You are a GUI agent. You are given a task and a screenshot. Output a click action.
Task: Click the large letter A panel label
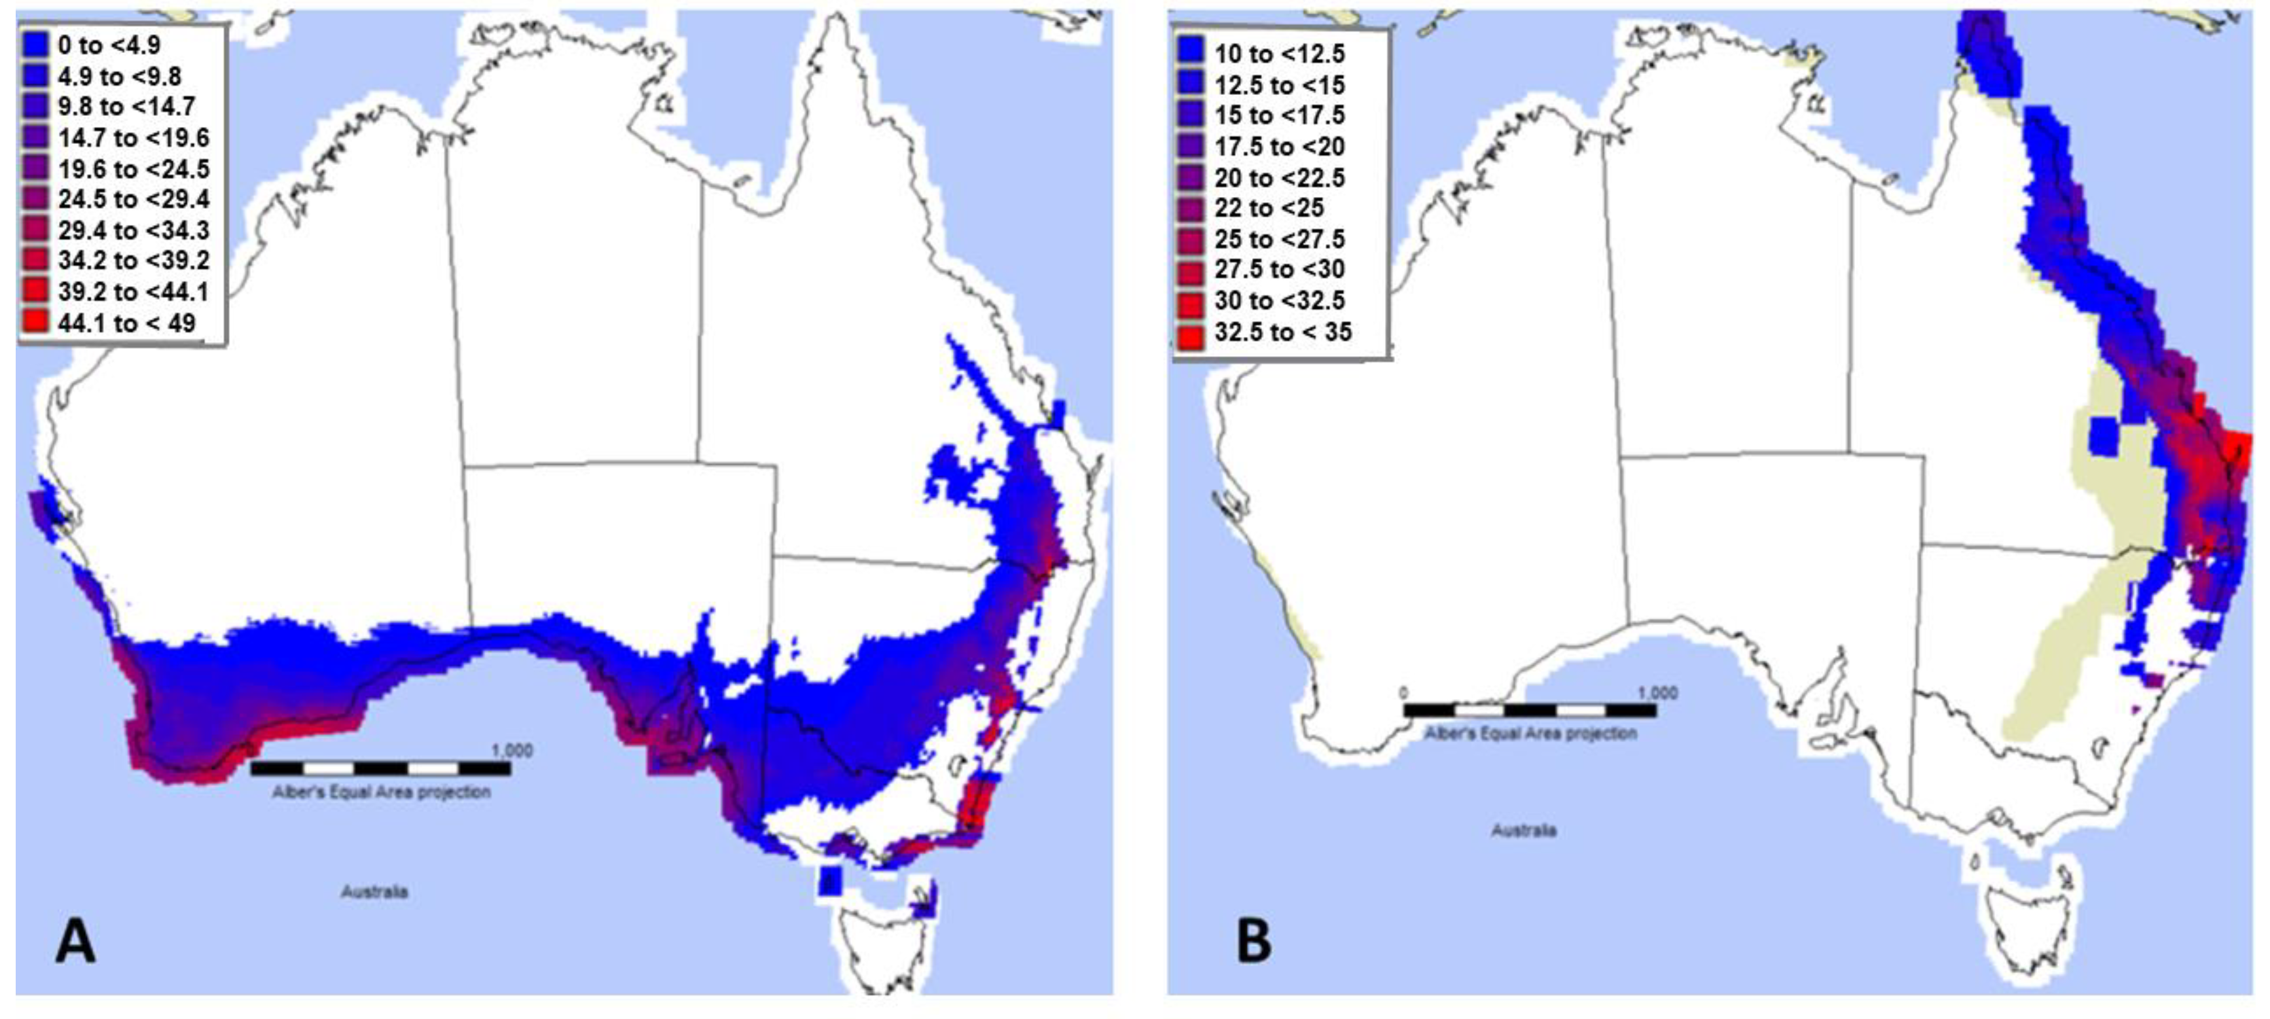(x=76, y=940)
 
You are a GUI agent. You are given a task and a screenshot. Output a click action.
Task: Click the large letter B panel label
(x=1254, y=940)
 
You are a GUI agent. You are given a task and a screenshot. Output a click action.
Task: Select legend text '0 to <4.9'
(x=109, y=45)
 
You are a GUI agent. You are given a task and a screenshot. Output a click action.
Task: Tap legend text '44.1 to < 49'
(x=126, y=323)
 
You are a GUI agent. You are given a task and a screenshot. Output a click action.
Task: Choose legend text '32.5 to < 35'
(x=1282, y=332)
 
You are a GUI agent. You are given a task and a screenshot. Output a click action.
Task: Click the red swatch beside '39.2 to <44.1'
(x=36, y=291)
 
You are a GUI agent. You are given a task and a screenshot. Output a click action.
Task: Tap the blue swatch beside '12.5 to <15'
(x=1189, y=84)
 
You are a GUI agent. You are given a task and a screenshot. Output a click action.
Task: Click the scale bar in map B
(x=1529, y=710)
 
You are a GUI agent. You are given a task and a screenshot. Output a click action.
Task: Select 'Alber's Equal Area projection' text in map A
(x=381, y=792)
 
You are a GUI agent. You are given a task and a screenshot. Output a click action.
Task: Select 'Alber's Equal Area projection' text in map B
(x=1530, y=733)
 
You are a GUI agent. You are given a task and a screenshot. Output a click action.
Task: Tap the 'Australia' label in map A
(x=374, y=891)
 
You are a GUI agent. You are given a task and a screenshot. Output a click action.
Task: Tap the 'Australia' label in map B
(x=1524, y=830)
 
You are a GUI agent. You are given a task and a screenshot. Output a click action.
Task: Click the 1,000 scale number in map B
(x=1657, y=693)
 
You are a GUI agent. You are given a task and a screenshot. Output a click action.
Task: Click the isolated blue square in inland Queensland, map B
(x=2102, y=436)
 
